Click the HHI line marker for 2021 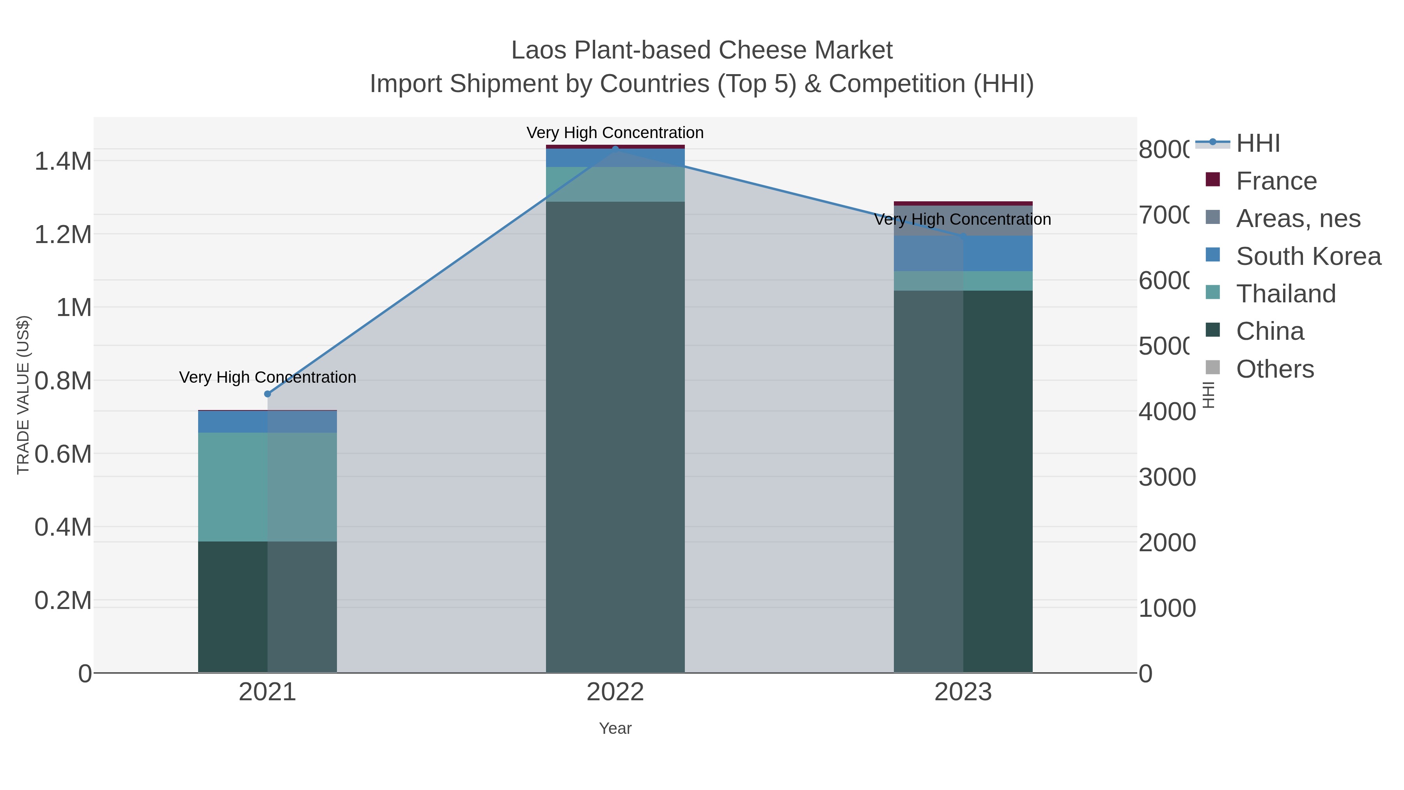click(x=267, y=394)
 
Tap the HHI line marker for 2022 click(x=615, y=149)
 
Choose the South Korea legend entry click(x=1308, y=256)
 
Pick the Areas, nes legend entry click(x=1298, y=218)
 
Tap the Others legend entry click(x=1274, y=369)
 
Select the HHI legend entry click(x=1257, y=144)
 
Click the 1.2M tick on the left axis click(x=63, y=235)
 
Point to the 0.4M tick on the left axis click(x=63, y=527)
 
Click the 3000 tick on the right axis click(x=1166, y=477)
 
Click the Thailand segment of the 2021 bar click(x=267, y=486)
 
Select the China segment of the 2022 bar click(x=615, y=436)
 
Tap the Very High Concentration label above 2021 click(x=267, y=377)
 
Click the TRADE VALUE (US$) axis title click(x=23, y=395)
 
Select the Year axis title click(x=615, y=728)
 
